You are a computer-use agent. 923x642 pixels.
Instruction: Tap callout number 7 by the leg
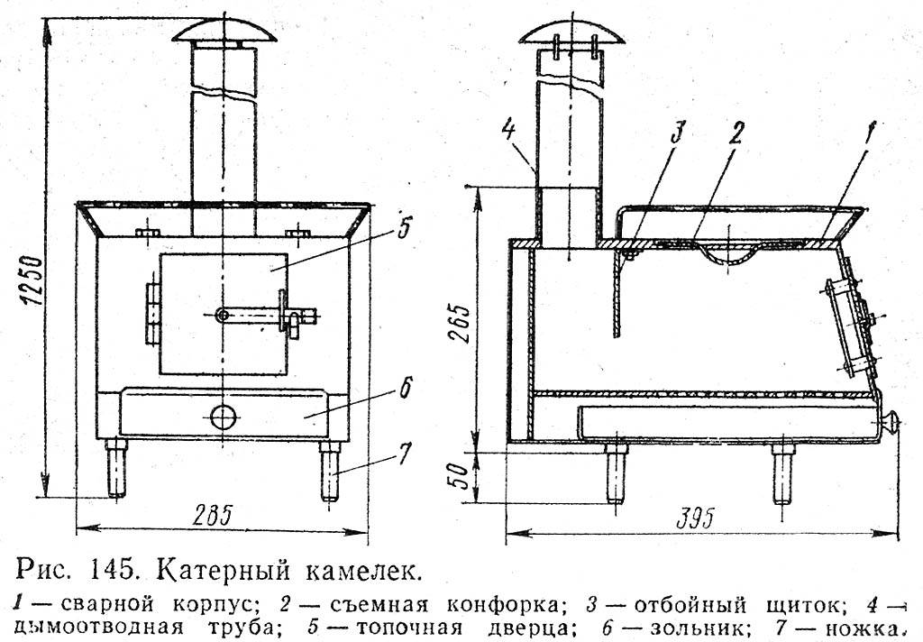[x=404, y=454]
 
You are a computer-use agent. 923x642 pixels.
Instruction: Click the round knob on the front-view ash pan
[x=224, y=417]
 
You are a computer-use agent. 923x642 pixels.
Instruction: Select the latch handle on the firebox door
[x=267, y=316]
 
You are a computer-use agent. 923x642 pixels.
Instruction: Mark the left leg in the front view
[x=116, y=468]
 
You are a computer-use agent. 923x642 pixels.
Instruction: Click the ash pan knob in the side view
[x=889, y=422]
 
